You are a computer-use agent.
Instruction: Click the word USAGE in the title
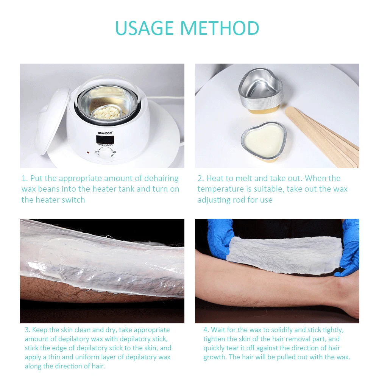tap(145, 28)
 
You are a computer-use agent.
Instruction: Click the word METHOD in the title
tap(220, 28)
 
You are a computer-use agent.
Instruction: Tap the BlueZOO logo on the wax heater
tap(105, 133)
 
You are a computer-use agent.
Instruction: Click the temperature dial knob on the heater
tap(105, 153)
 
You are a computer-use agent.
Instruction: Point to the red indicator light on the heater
tap(88, 153)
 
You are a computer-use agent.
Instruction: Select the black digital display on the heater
tap(105, 139)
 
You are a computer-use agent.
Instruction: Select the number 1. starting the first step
tap(25, 178)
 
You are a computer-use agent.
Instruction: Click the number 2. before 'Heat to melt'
tap(201, 178)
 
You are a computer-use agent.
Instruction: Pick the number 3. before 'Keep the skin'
tap(28, 330)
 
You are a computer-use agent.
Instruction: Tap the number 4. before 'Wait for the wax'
tap(206, 330)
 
